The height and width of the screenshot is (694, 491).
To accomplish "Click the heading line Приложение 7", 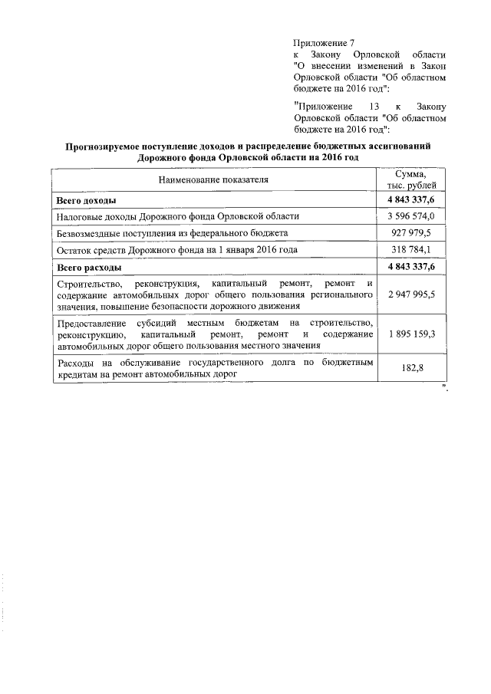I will click(x=325, y=44).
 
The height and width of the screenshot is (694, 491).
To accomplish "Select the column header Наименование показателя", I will click(x=215, y=180).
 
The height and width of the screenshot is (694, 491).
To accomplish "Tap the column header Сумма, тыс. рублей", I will click(x=412, y=180).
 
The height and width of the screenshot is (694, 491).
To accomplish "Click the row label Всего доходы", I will click(x=87, y=200).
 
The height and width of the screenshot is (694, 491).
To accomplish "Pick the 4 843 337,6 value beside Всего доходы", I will click(x=411, y=200).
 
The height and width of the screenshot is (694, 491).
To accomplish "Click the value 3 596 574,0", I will click(x=411, y=216).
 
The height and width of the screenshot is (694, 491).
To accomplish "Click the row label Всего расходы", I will click(x=88, y=267).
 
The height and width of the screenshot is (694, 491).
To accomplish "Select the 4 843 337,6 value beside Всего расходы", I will click(x=411, y=267).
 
